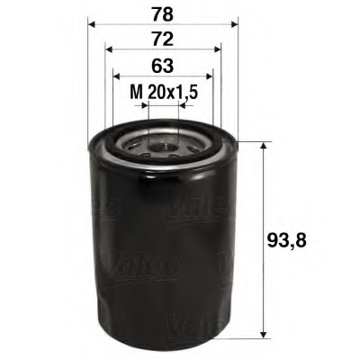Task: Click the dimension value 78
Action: click(162, 14)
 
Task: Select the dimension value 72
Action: click(162, 40)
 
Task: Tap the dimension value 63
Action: click(162, 65)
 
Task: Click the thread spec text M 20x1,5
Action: click(162, 91)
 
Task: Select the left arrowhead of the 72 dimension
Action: click(108, 52)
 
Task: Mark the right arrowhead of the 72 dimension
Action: click(218, 52)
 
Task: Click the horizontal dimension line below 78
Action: click(163, 27)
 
